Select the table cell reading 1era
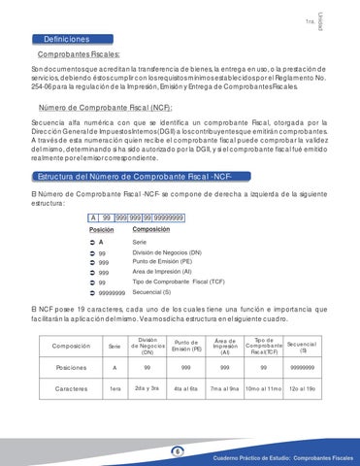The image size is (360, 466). click(115, 390)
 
